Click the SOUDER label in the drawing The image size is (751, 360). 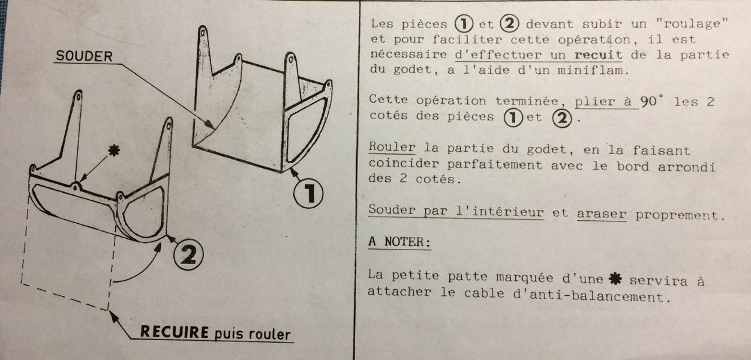click(x=84, y=56)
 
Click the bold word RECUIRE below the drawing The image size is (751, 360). click(x=175, y=332)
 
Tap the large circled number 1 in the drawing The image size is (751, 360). click(x=308, y=193)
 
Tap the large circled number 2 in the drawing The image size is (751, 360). click(x=188, y=254)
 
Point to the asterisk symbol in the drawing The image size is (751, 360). click(x=115, y=151)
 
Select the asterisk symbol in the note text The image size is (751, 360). click(x=615, y=278)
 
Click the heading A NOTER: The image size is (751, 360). click(x=399, y=242)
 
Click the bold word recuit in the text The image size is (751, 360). click(x=598, y=55)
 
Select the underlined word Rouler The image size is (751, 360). click(x=392, y=147)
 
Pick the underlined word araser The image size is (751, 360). click(x=602, y=214)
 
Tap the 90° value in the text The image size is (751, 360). click(x=651, y=101)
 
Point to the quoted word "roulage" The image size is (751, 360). click(x=692, y=23)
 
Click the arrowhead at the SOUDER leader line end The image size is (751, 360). click(x=209, y=124)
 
